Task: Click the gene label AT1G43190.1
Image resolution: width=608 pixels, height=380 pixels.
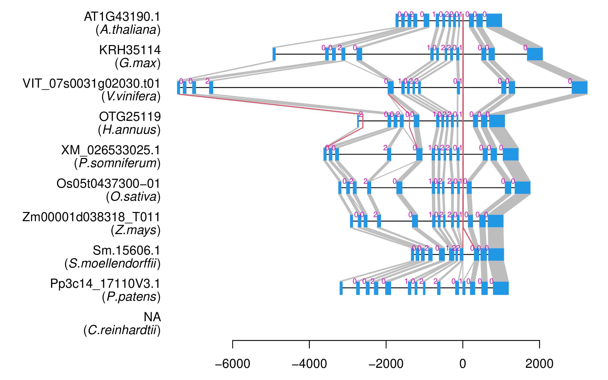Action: pos(122,17)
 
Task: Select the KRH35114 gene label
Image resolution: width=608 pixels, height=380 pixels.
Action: pos(130,50)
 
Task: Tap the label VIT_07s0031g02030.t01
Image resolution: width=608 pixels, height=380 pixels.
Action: pos(91,83)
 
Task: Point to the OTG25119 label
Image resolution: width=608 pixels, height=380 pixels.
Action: pos(130,117)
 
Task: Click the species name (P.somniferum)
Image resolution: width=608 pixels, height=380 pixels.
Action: pos(117,163)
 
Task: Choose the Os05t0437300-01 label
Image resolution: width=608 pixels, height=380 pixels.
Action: pos(108,184)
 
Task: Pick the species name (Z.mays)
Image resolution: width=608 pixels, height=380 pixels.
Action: pos(136,230)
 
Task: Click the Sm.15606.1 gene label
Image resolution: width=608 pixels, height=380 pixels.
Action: pos(126,251)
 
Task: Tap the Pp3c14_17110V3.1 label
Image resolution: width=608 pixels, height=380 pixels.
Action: pos(105,284)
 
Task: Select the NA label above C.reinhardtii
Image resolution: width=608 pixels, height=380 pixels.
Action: pos(152,317)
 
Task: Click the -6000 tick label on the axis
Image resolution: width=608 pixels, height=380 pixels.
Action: pos(233,364)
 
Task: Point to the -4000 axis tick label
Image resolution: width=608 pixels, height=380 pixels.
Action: pos(309,364)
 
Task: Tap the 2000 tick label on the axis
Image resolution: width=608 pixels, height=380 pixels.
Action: pos(539,364)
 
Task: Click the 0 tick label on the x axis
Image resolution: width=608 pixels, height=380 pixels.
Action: pos(463,364)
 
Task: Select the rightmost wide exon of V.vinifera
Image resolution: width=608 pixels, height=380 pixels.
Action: pos(579,88)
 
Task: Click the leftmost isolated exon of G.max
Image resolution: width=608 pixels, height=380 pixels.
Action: pos(274,54)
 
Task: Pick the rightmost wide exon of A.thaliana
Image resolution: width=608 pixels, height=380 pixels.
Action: pos(494,20)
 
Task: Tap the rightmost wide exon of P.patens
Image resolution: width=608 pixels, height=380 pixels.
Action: pos(501,288)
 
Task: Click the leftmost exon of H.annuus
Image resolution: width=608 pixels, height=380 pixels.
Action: pos(358,121)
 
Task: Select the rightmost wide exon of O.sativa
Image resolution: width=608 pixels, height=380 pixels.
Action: pos(522,188)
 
